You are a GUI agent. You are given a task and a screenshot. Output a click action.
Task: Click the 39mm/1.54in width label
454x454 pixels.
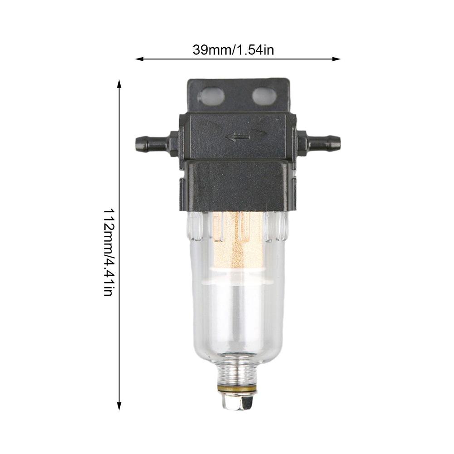(233, 49)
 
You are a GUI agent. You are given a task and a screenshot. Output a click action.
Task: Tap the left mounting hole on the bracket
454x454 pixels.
(211, 96)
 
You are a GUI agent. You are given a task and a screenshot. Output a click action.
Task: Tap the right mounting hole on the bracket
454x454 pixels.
(264, 96)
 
